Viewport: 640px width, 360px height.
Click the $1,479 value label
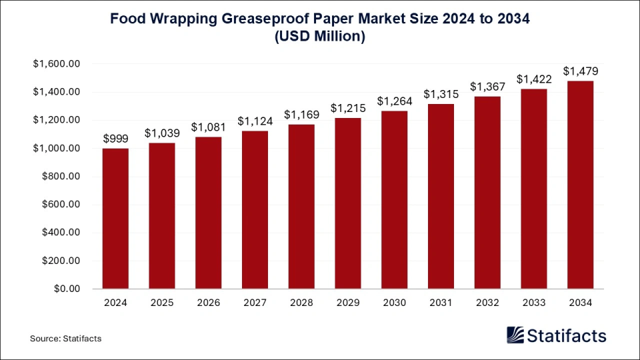(x=580, y=71)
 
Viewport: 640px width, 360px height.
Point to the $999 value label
(x=115, y=138)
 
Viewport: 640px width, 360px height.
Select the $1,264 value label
(x=394, y=101)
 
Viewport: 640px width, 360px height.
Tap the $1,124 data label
(x=255, y=121)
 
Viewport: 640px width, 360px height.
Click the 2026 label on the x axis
(x=208, y=303)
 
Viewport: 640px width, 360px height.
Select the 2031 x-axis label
(x=441, y=303)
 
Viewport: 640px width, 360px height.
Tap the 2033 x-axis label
(x=533, y=303)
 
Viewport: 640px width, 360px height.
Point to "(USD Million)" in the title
(x=320, y=37)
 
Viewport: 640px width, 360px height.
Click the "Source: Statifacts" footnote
(x=65, y=339)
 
